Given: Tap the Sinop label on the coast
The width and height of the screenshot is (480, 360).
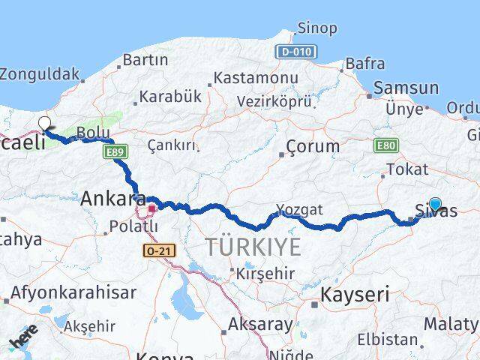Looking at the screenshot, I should pos(317,28).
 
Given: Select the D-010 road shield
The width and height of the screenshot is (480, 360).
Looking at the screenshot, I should pos(296,52).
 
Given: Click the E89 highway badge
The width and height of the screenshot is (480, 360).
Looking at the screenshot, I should pos(114,152).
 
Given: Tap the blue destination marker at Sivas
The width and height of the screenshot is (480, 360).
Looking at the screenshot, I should pos(435,203).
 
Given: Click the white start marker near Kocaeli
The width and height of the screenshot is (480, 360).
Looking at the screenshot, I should pos(44,123).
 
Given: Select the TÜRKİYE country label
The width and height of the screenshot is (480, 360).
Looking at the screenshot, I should pos(253,246).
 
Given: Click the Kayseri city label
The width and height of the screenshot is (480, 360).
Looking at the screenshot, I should pos(355,295).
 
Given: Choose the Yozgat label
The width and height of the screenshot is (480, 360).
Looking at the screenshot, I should pos(299,209).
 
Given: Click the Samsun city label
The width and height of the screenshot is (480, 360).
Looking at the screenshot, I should pos(406,88).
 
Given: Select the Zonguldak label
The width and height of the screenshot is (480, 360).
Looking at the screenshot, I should pos(39,74).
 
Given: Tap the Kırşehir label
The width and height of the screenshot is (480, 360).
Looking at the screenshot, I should pos(265,274).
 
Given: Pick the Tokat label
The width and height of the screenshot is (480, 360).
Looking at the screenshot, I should pos(407,169).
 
